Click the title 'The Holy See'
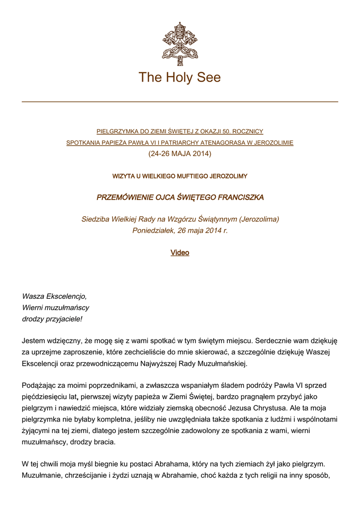click(x=180, y=78)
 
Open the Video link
click(x=180, y=253)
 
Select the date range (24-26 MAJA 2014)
click(x=180, y=154)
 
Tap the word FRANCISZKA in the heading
click(x=241, y=197)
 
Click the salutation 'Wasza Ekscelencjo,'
click(x=55, y=296)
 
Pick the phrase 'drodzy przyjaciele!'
click(x=52, y=319)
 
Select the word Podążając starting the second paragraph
click(x=40, y=385)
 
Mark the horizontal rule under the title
click(x=180, y=101)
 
